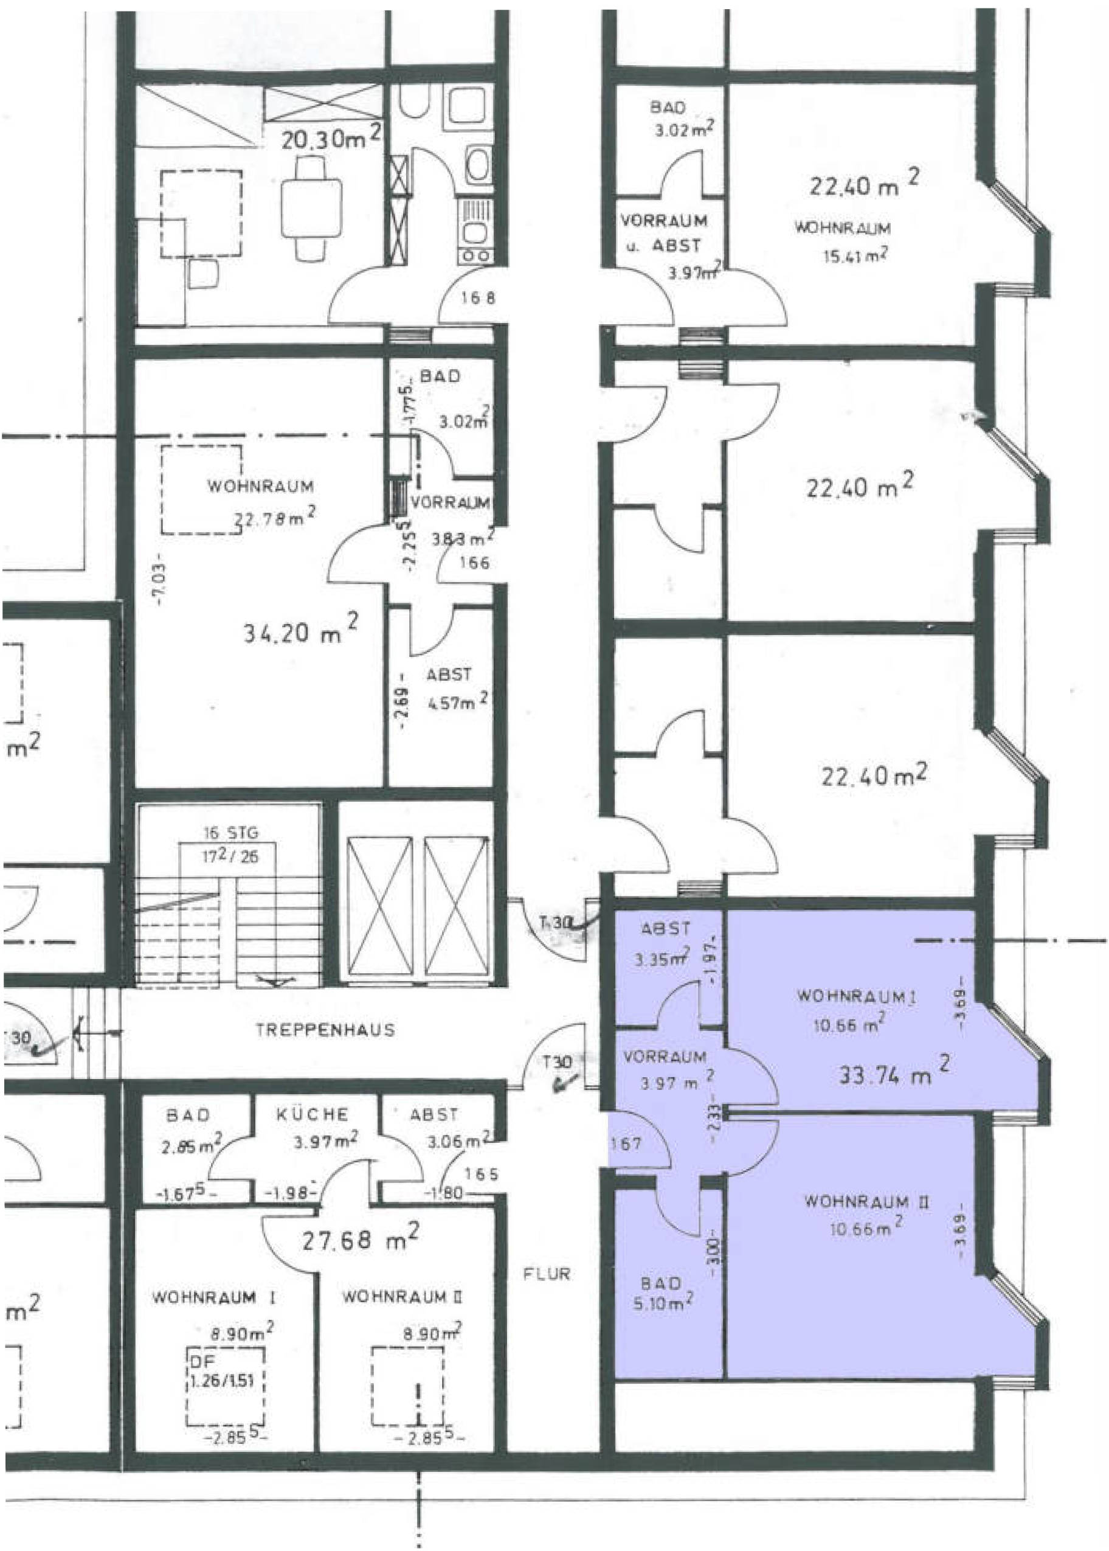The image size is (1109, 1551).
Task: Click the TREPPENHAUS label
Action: click(x=325, y=1029)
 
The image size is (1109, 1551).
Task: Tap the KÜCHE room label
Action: click(x=312, y=1114)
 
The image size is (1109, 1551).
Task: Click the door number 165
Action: click(x=482, y=1174)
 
